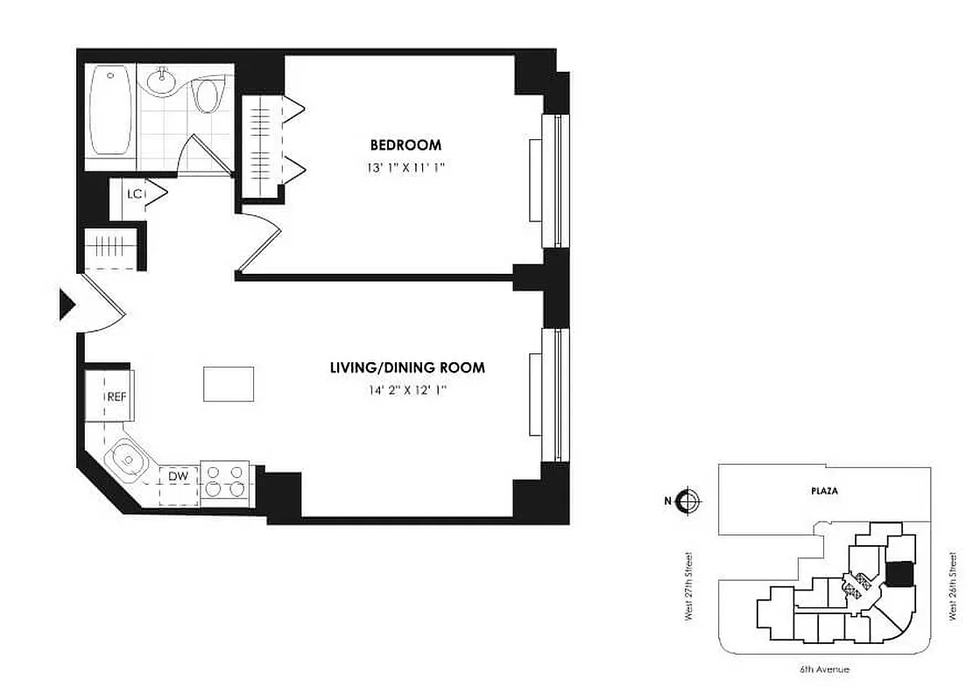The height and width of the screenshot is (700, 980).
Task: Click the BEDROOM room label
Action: click(x=405, y=144)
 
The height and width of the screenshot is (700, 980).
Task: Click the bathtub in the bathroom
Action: click(x=110, y=113)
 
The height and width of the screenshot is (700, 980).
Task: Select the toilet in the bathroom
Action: click(x=208, y=95)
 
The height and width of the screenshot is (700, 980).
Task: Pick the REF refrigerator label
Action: click(x=116, y=396)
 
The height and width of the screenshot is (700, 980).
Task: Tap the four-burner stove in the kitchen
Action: click(x=226, y=479)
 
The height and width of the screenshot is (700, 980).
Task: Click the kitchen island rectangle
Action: click(x=229, y=384)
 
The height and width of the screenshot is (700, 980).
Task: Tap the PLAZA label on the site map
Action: click(x=824, y=491)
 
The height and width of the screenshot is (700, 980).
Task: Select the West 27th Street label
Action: click(x=690, y=587)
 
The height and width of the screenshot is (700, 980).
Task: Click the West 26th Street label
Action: click(x=952, y=587)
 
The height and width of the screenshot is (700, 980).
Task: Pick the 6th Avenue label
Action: click(x=823, y=669)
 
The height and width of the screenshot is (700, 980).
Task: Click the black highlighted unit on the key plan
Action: click(x=898, y=574)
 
